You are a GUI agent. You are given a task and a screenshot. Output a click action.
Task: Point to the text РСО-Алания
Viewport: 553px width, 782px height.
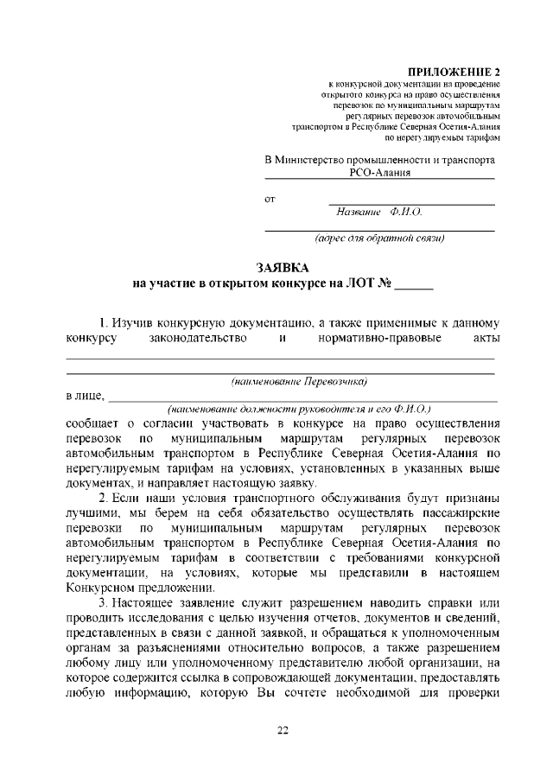(x=379, y=172)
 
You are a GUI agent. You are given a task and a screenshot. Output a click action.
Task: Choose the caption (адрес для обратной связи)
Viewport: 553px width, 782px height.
(x=379, y=238)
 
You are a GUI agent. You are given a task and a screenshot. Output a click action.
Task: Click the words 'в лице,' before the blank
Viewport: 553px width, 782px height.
(x=86, y=396)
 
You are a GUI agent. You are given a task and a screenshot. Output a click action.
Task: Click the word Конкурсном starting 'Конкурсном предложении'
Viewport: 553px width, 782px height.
(x=103, y=587)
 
